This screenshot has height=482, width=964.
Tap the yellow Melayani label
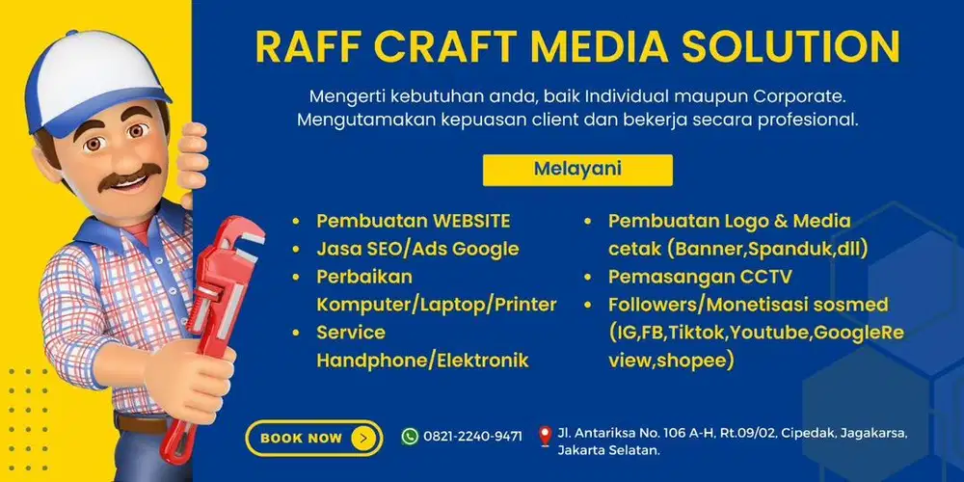point(577,169)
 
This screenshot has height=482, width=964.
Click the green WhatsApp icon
point(410,436)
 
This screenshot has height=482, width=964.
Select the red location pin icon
point(546,436)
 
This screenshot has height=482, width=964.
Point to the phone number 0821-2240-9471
point(472,437)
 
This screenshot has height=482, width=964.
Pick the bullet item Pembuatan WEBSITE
point(414,221)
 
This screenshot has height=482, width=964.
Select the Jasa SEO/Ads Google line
point(417,249)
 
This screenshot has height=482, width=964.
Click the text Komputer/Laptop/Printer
point(437,305)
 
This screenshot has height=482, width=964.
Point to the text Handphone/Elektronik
point(422,361)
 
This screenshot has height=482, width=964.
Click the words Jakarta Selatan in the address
point(612,450)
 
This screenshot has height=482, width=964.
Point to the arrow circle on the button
point(362,438)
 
